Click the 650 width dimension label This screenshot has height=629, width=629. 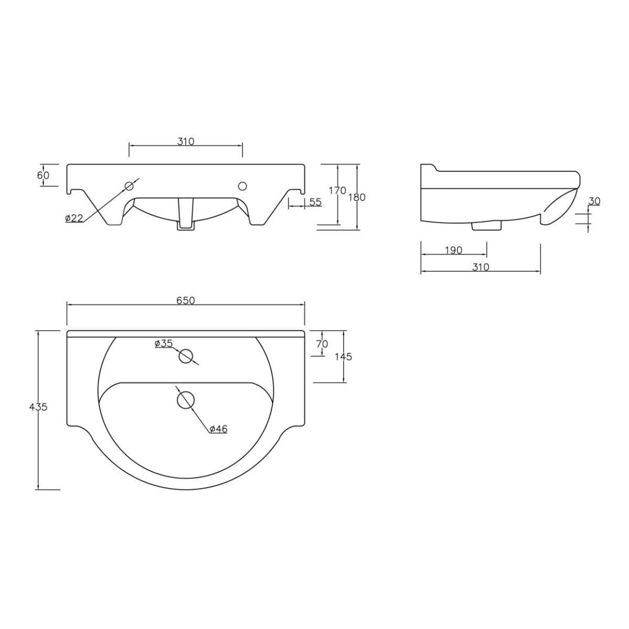186,300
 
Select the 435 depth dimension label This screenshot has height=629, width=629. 39,407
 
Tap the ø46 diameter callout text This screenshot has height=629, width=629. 218,429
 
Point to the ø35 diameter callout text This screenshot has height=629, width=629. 164,343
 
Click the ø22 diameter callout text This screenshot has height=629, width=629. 74,218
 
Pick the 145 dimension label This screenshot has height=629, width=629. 343,356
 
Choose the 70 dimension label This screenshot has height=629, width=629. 322,344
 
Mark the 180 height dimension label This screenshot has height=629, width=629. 357,197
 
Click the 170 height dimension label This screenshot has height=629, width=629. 338,190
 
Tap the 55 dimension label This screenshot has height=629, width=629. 315,202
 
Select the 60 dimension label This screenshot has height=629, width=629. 43,175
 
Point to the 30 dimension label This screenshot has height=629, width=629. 594,201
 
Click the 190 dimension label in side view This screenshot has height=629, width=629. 453,250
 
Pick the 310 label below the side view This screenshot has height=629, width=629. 480,267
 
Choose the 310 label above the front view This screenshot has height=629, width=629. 186,141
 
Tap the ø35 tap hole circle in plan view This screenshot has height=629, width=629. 186,356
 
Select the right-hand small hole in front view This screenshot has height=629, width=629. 242,186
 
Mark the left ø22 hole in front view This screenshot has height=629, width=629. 129,186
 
